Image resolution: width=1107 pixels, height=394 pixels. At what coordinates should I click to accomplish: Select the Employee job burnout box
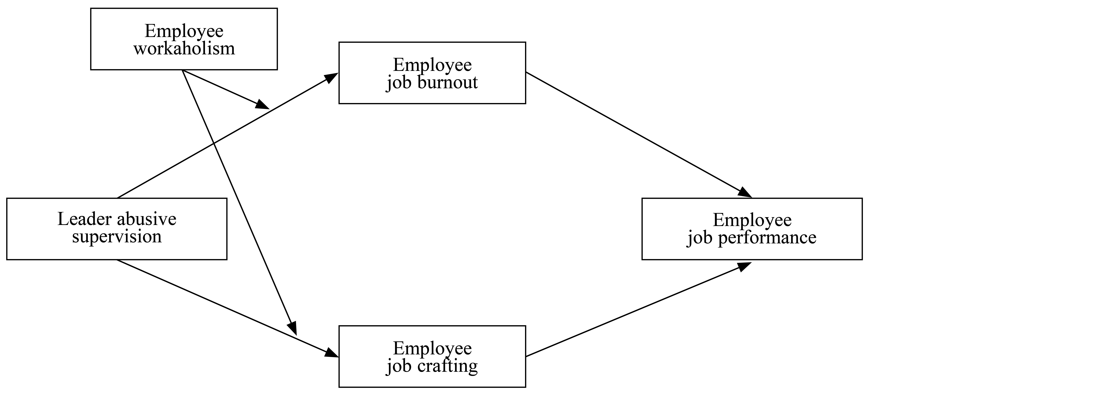tap(432, 73)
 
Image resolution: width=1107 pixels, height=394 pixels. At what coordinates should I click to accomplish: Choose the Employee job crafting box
tap(432, 357)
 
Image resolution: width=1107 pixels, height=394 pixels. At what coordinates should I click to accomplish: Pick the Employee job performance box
tap(752, 229)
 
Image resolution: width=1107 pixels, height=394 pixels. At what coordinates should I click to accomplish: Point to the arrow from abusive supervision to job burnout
tap(228, 136)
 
